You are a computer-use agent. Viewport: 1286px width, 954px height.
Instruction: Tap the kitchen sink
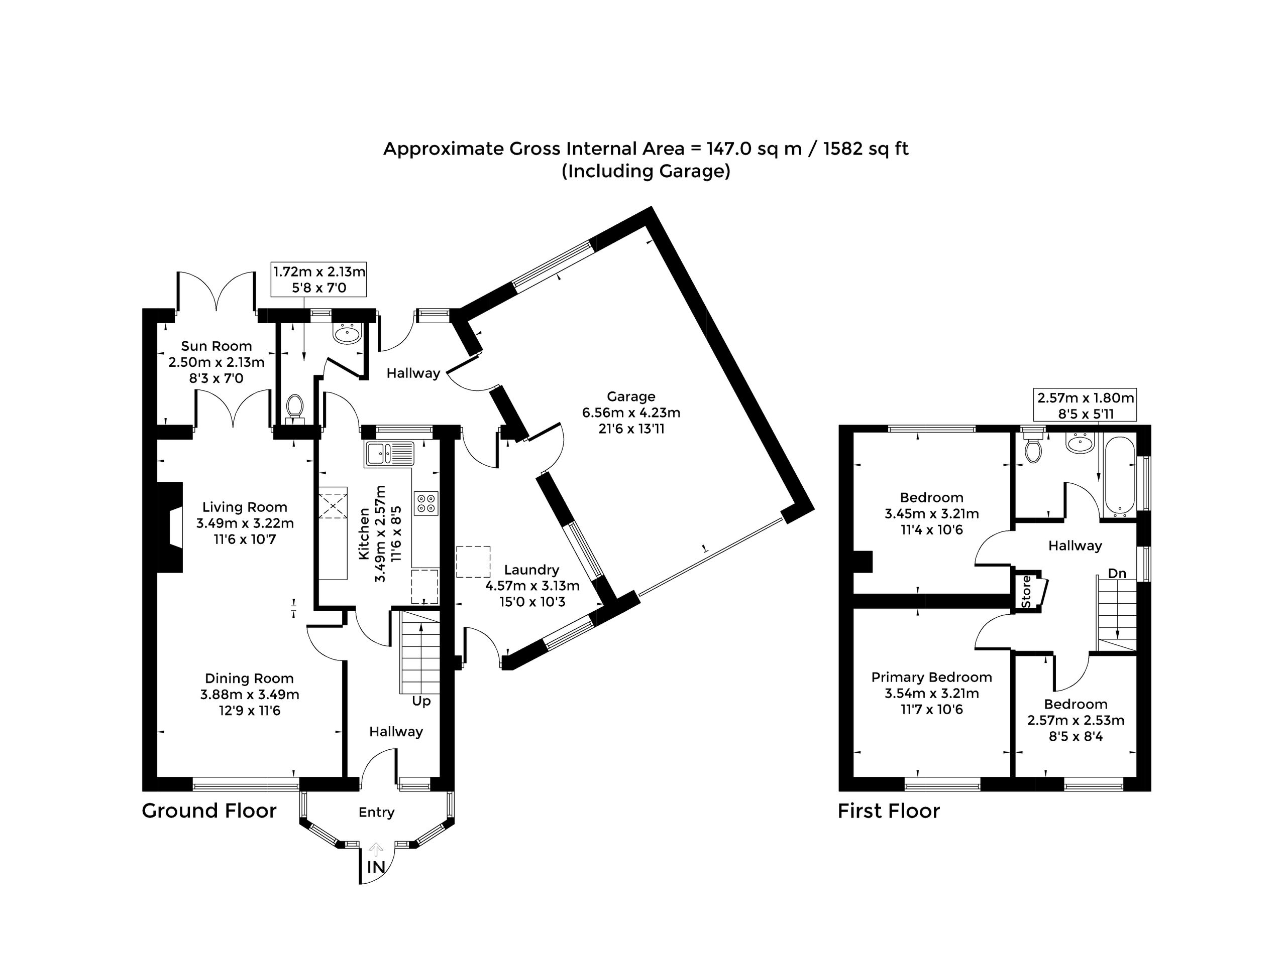[389, 454]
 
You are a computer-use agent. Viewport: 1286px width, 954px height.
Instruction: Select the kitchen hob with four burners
[426, 503]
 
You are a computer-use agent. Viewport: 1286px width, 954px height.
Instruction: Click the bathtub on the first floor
[1120, 475]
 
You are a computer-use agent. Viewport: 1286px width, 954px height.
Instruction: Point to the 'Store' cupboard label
[1026, 591]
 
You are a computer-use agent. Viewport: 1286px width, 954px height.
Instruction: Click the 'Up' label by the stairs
[421, 701]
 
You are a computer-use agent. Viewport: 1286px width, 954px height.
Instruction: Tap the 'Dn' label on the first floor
[1117, 574]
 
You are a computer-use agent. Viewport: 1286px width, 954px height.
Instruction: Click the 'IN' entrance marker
[376, 867]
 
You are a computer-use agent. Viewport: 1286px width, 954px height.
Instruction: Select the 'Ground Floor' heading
[209, 811]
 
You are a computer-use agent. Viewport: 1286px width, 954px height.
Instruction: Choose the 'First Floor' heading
[889, 811]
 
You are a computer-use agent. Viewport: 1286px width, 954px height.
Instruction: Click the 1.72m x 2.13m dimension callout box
[319, 279]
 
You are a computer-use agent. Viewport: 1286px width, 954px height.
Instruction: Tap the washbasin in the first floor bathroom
[1080, 443]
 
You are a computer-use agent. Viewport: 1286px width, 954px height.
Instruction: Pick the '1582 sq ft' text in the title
[866, 149]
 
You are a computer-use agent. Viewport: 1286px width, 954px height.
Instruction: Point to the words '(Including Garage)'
[646, 172]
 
